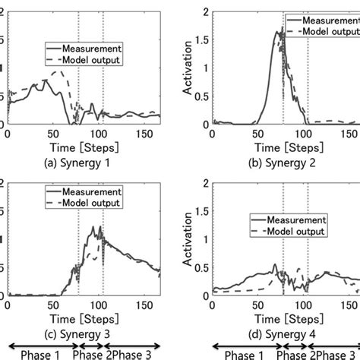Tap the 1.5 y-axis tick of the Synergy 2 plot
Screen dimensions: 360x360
201,39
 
